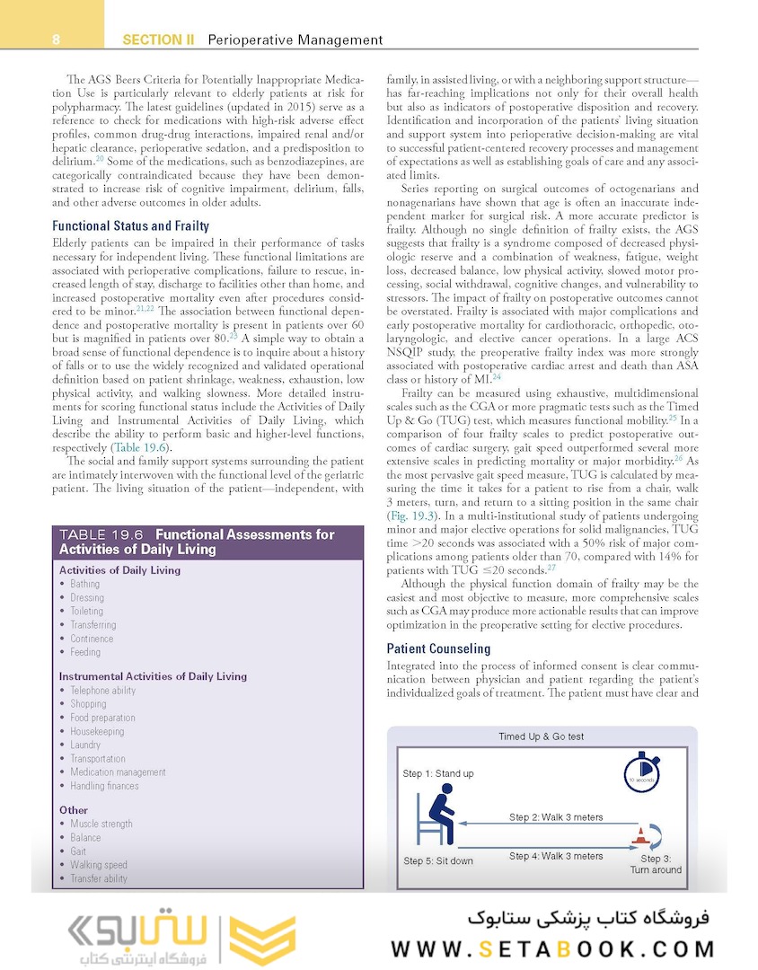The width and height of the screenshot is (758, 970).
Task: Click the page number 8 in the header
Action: click(55, 40)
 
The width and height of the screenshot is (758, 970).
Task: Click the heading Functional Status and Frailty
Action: click(130, 226)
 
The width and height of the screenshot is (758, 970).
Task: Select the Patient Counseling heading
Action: click(438, 648)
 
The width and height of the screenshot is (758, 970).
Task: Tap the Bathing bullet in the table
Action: click(85, 584)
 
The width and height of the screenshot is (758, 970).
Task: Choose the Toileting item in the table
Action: click(87, 611)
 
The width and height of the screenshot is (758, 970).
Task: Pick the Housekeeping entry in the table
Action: click(97, 731)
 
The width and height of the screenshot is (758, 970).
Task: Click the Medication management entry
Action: click(118, 772)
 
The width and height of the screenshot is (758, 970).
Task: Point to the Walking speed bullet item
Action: click(99, 865)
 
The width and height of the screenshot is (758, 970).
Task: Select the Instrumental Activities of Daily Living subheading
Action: click(153, 676)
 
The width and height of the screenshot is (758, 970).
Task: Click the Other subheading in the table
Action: click(74, 810)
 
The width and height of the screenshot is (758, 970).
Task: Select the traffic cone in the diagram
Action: click(641, 838)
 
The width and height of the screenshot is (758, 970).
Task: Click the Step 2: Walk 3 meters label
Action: click(556, 817)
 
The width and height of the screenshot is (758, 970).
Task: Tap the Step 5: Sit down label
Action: click(437, 861)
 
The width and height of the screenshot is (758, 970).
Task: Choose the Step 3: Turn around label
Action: click(656, 864)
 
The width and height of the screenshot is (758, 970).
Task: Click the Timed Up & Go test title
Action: click(541, 736)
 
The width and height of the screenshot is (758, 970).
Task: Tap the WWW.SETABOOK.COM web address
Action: click(553, 948)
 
